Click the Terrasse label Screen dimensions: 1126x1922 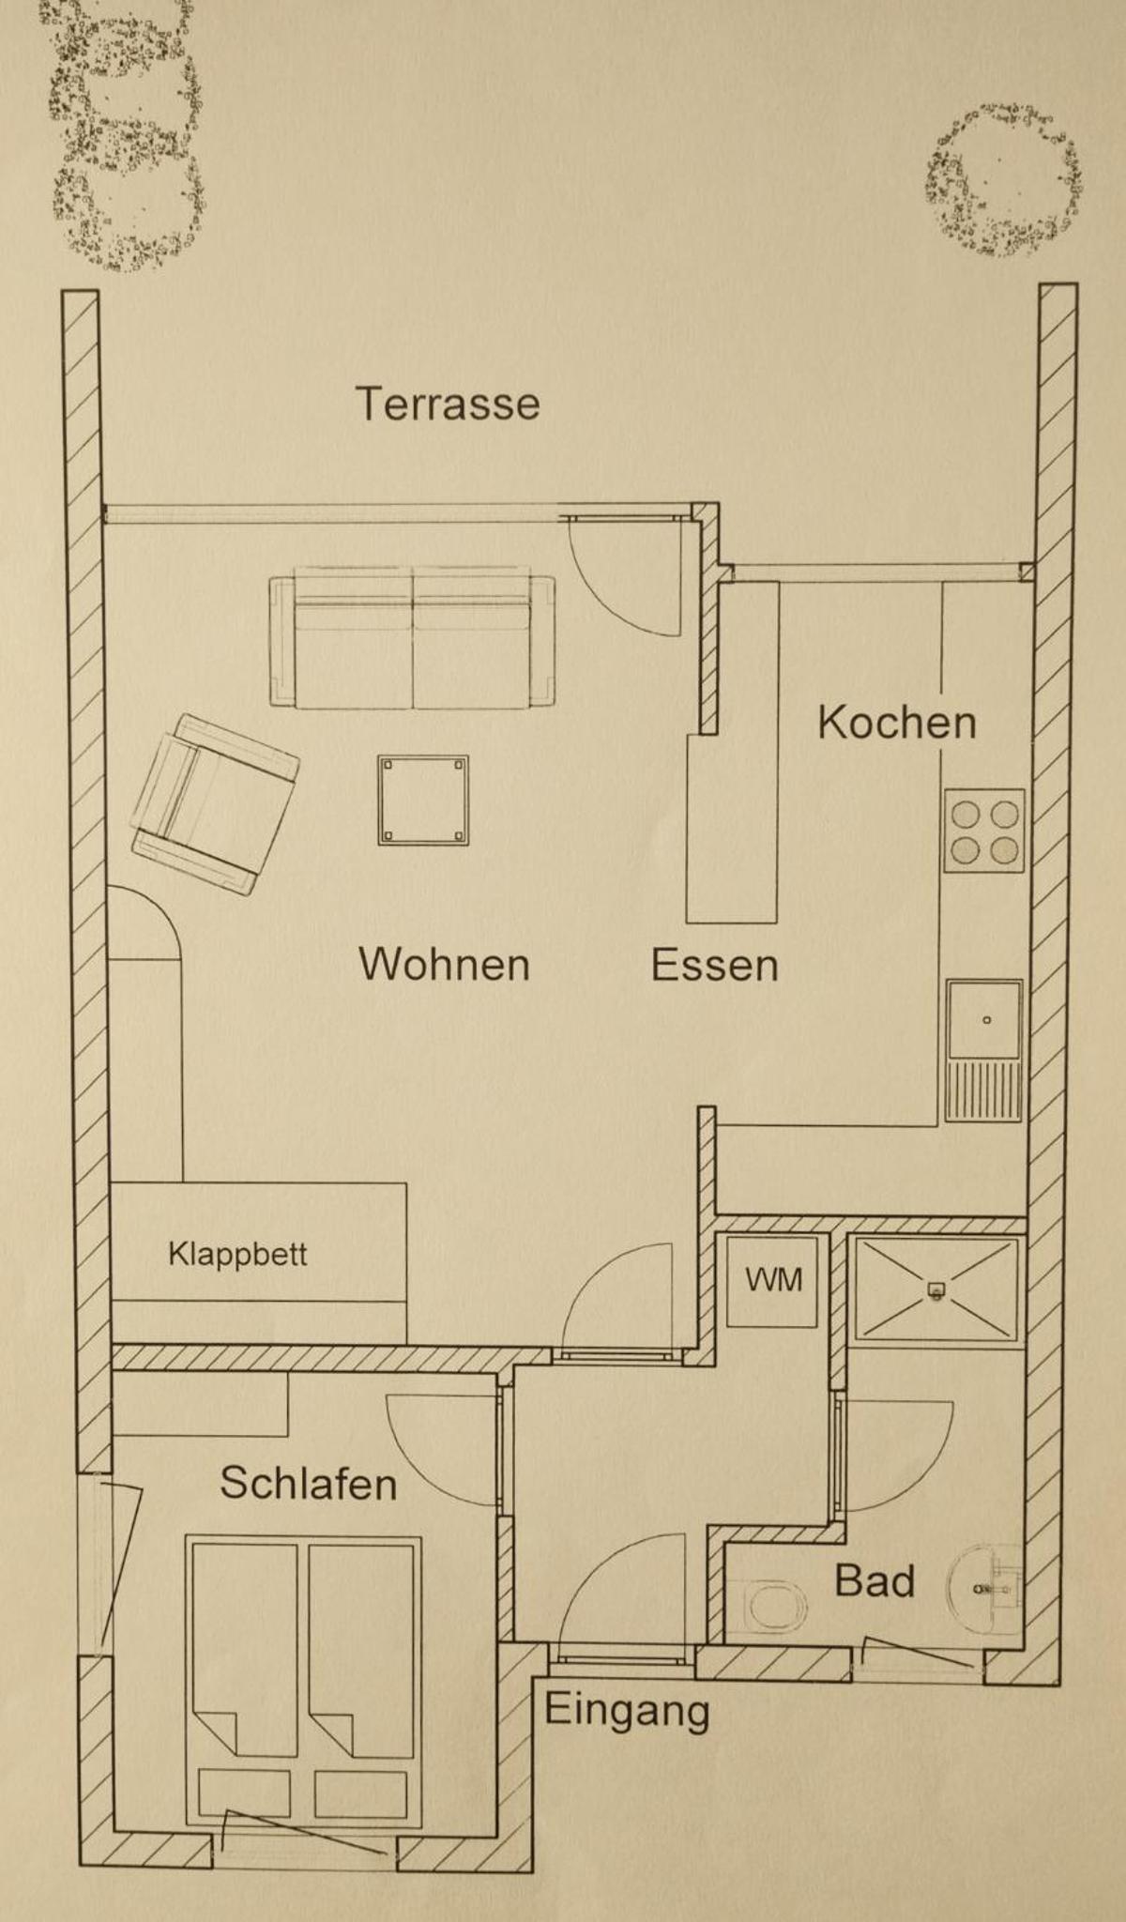coord(448,404)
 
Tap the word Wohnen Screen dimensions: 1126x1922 coord(444,964)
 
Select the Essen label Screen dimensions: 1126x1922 coord(715,965)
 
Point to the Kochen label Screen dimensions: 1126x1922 coord(897,722)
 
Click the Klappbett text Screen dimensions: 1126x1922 coord(237,1255)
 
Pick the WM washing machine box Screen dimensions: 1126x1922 coord(773,1280)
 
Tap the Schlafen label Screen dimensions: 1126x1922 coord(309,1483)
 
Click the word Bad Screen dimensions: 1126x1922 coord(875,1580)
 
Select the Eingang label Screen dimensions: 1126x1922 coord(627,1710)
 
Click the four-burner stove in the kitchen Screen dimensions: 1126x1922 coord(984,831)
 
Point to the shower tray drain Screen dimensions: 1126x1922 coord(935,1289)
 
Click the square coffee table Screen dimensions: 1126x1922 coord(423,801)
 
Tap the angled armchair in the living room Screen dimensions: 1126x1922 coord(215,804)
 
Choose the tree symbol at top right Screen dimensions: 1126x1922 coord(1001,180)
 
